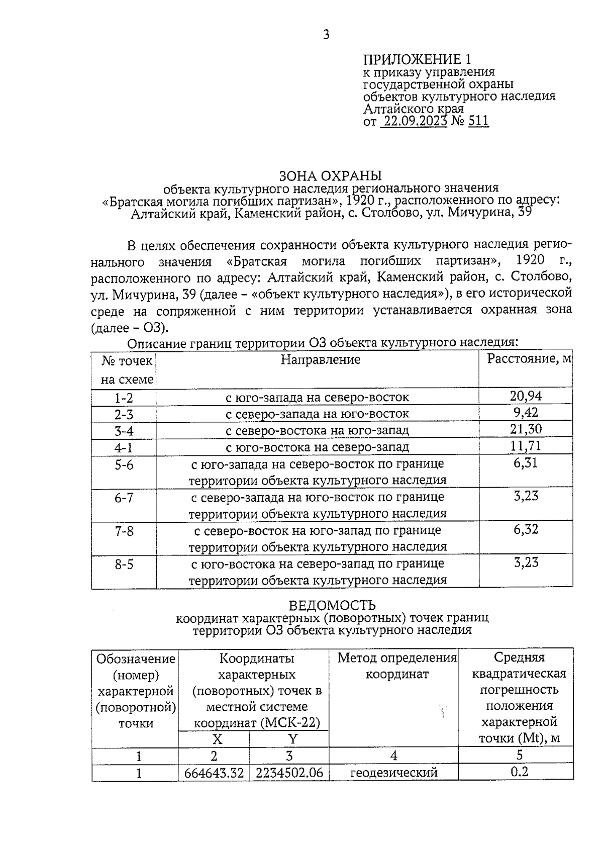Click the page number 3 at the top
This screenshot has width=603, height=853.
tap(326, 35)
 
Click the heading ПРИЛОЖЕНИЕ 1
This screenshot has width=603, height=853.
tap(417, 59)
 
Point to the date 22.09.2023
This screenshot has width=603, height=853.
tap(415, 121)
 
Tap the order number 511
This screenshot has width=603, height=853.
tap(478, 121)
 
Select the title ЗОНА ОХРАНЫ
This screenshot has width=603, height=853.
tap(331, 176)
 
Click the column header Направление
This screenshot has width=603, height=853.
tap(320, 360)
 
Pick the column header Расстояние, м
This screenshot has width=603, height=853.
tap(529, 359)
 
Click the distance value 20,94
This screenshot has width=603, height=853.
tap(526, 396)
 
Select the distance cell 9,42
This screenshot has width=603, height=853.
tap(526, 413)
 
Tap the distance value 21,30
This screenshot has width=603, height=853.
tap(526, 429)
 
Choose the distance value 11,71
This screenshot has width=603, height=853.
tap(526, 446)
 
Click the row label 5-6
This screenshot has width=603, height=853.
tap(124, 465)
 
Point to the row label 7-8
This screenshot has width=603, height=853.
tap(124, 531)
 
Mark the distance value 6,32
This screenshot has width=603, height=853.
tap(526, 529)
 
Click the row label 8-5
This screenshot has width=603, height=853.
tap(124, 564)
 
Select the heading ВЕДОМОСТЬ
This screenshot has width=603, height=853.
tap(332, 605)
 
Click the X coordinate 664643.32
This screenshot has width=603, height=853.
tap(214, 772)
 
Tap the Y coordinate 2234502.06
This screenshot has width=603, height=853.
tap(289, 772)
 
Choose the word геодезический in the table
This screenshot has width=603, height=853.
tap(393, 772)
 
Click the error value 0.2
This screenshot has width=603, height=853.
tap(519, 771)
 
